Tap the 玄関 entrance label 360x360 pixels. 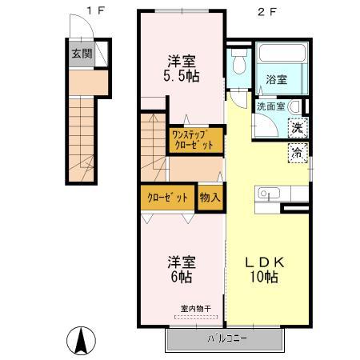point(80,54)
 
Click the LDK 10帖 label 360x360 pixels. point(262,269)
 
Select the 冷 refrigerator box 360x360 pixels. point(297,152)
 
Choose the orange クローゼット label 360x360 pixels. point(167,197)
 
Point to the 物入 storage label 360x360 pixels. point(209,197)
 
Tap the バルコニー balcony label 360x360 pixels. point(226,338)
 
